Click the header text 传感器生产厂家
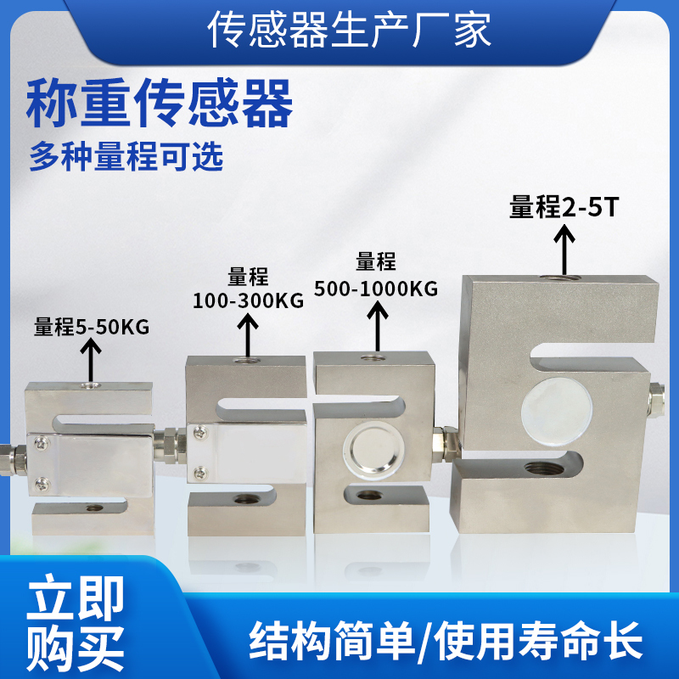pos(349,30)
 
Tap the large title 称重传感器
pos(160,103)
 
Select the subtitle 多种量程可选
pos(126,156)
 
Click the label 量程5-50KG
pos(92,327)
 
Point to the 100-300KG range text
pos(248,300)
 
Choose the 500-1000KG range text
pos(376,289)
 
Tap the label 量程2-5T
pos(564,207)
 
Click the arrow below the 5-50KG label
pos(91,360)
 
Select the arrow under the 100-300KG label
pos(248,334)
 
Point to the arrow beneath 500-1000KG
pos(378,325)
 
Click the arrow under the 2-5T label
pos(564,250)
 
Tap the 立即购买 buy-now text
pos(76,623)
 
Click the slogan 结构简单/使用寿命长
pos(446,640)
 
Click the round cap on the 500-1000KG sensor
pos(374,447)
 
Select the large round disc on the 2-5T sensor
pos(557,412)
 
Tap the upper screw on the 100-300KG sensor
pos(200,432)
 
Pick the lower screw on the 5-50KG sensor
pos(42,483)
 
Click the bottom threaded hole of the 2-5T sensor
pos(544,469)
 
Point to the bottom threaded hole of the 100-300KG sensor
pos(244,499)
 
